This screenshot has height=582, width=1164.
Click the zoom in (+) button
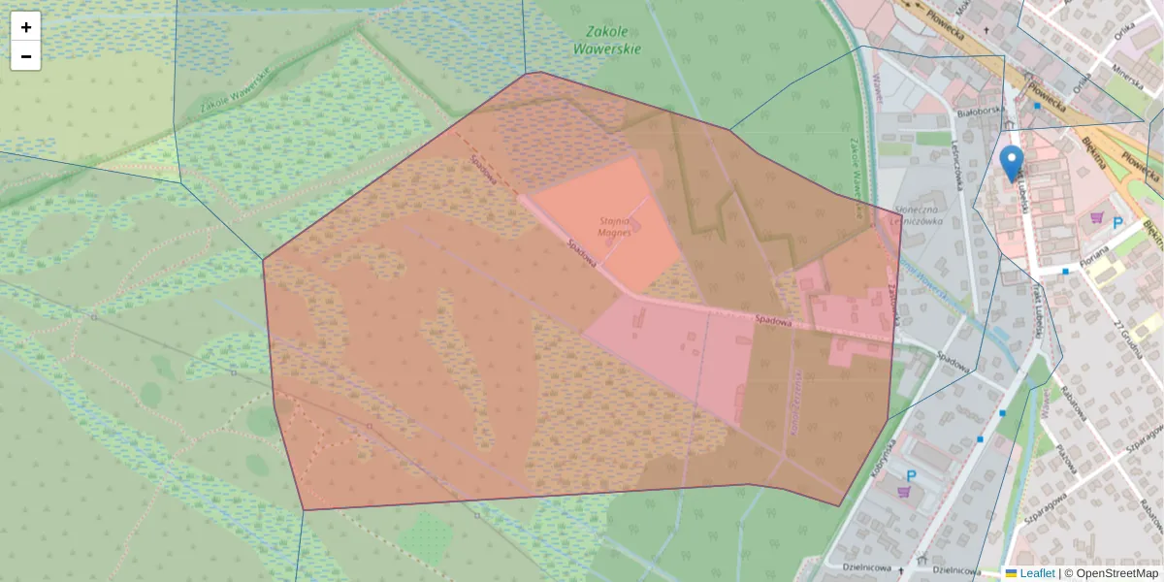pos(26,27)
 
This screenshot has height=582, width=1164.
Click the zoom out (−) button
pos(26,56)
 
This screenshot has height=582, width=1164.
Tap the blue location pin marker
pos(1012,162)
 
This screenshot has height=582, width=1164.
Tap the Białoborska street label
pos(978,112)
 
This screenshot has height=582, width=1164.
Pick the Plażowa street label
pos(1066,457)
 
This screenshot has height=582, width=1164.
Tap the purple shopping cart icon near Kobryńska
pos(905,493)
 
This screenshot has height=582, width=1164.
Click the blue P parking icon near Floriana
pos(1117,223)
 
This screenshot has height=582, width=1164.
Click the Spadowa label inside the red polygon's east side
pos(775,319)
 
